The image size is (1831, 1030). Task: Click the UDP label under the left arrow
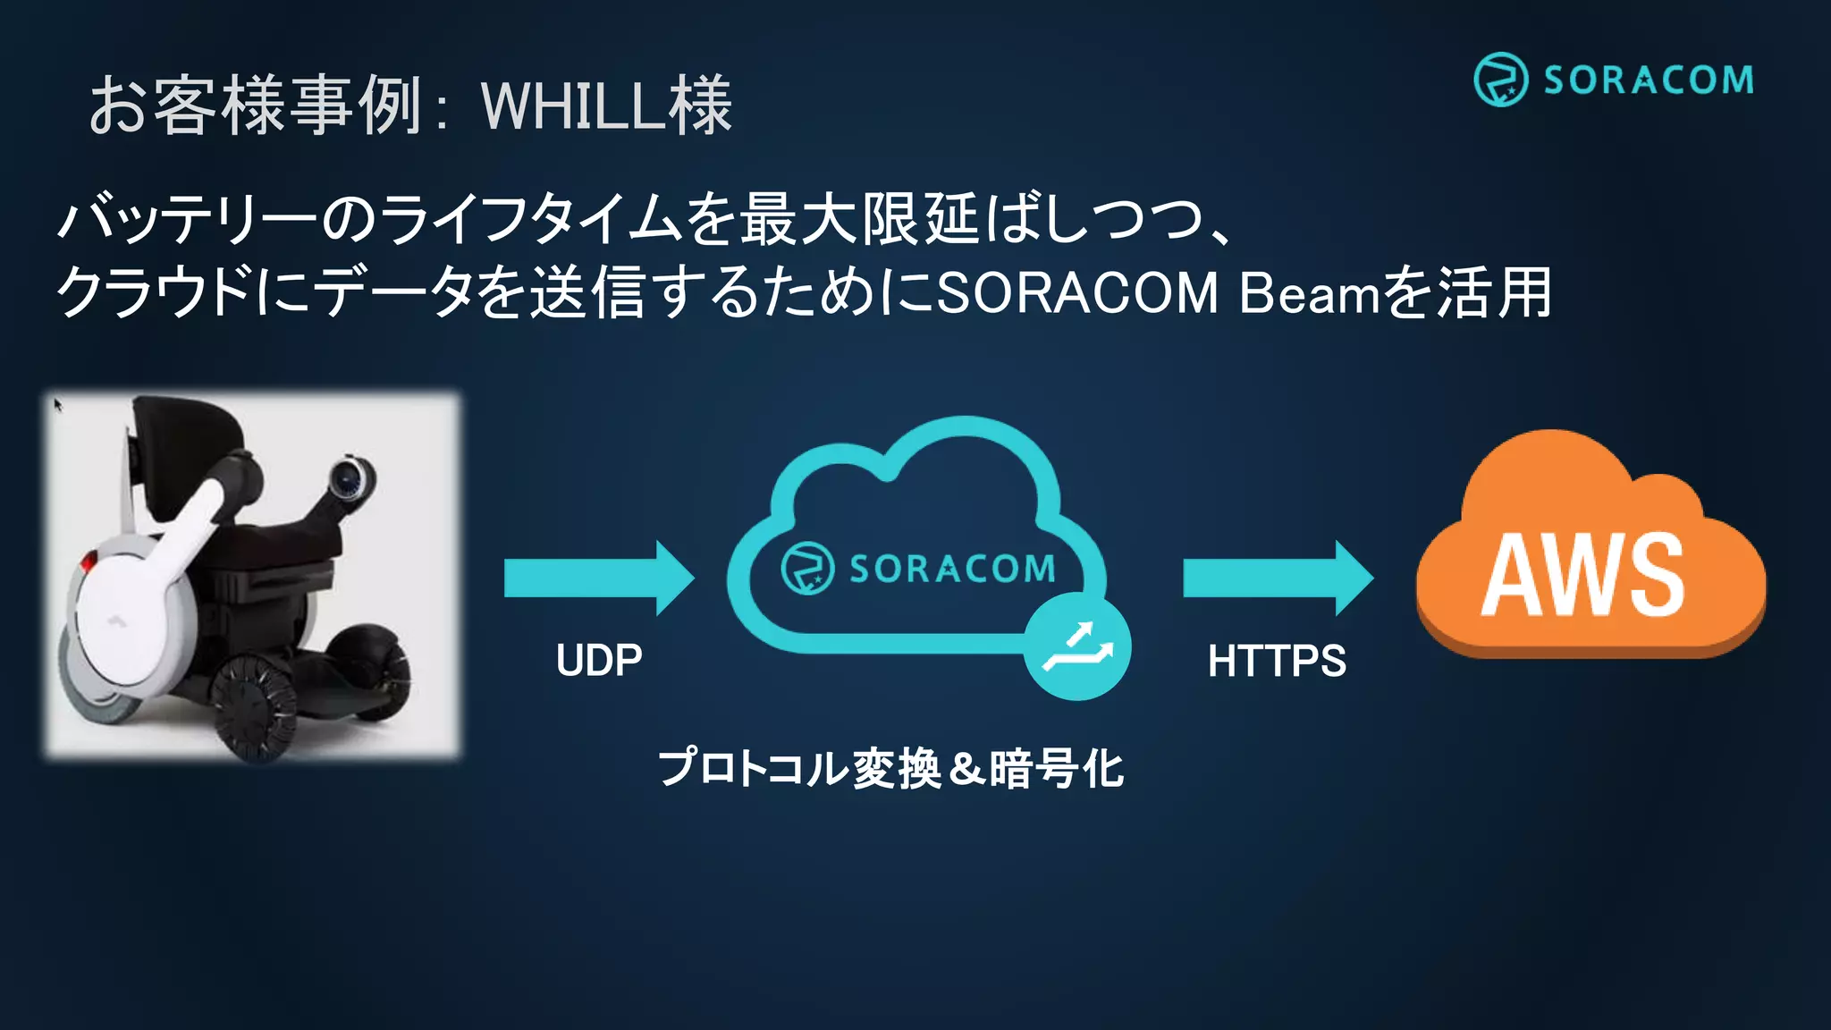coord(599,661)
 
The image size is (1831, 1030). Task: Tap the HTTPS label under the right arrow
coord(1277,662)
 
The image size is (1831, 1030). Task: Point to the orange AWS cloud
coord(1590,554)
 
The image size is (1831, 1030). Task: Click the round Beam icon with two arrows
coord(1078,647)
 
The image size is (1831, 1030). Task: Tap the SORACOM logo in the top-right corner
coord(1614,80)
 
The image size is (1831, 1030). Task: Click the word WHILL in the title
coord(572,106)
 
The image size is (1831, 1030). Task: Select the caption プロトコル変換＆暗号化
coord(890,768)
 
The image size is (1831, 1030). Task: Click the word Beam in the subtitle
coord(1309,292)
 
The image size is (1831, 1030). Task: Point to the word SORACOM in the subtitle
coord(1077,292)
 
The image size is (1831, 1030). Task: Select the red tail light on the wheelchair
coord(88,562)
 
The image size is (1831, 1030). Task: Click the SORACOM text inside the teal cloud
coord(952,569)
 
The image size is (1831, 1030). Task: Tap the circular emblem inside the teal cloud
coord(807,568)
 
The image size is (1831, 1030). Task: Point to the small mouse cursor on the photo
coord(58,405)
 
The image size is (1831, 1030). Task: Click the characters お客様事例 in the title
coord(256,106)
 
